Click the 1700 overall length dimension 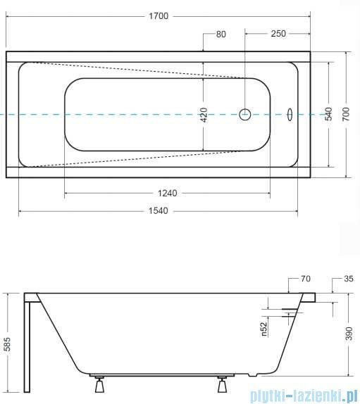tap(159, 16)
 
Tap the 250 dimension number tap(277, 33)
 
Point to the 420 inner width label tap(204, 115)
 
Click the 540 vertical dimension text tap(328, 115)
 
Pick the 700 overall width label tap(346, 115)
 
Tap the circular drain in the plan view tap(246, 114)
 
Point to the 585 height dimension tap(7, 343)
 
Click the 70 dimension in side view tap(305, 279)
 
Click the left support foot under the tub tap(98, 386)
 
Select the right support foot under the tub tap(223, 386)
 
